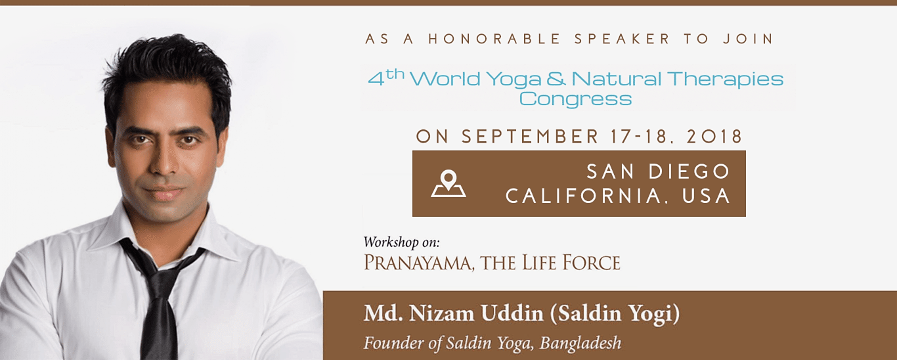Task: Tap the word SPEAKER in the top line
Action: tap(623, 39)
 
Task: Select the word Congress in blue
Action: tap(575, 99)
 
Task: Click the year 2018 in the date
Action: tap(714, 137)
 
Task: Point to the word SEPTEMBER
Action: tap(530, 137)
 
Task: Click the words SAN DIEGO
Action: tap(658, 171)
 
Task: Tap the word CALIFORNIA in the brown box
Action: tap(584, 196)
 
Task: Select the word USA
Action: tap(706, 196)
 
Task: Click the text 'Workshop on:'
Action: tap(402, 242)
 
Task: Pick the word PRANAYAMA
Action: tap(417, 263)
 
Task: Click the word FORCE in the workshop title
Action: tap(591, 263)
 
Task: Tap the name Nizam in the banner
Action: tap(442, 313)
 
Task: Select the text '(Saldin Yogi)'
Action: tap(615, 313)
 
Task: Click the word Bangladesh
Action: tap(580, 343)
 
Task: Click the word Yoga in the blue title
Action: tap(514, 79)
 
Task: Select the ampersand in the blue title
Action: tap(556, 78)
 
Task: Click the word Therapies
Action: tap(725, 79)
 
